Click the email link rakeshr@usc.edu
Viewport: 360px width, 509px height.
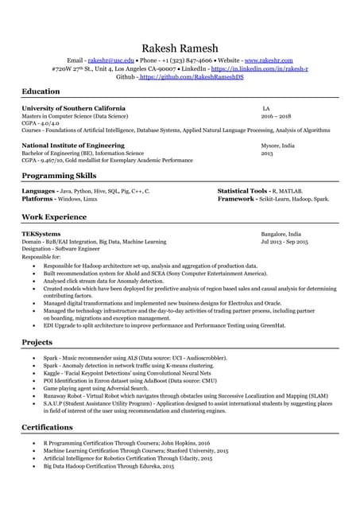point(110,60)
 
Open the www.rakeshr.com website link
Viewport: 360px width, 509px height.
point(269,60)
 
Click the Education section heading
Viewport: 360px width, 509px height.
point(41,92)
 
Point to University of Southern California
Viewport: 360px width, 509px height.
point(73,108)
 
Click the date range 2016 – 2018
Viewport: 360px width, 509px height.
point(276,115)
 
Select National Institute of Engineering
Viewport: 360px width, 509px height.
point(73,146)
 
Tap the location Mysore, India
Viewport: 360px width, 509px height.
point(277,146)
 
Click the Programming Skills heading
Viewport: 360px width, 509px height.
point(59,176)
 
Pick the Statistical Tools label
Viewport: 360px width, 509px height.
point(243,192)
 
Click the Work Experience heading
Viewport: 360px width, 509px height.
point(54,216)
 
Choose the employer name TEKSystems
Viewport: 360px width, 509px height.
point(42,235)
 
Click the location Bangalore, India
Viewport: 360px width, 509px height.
point(281,235)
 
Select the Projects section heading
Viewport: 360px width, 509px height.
point(37,342)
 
